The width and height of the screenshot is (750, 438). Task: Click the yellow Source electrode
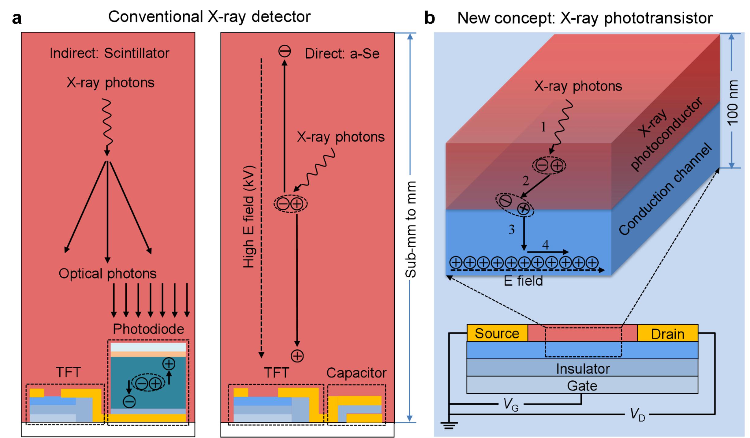497,333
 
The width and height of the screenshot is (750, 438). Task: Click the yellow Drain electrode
667,334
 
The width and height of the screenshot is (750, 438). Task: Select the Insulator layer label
583,369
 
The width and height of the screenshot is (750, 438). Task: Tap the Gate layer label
582,386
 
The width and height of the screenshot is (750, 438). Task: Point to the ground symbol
449,425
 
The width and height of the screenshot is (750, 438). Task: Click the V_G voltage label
511,405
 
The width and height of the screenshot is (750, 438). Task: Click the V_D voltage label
637,415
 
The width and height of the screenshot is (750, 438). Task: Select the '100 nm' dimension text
733,103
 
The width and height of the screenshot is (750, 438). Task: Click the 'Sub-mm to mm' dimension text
411,230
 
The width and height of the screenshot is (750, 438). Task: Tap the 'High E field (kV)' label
248,217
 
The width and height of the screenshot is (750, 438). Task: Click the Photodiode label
148,329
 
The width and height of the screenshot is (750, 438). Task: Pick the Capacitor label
356,373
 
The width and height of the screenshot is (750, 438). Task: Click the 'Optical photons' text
107,273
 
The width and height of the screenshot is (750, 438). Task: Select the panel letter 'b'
430,18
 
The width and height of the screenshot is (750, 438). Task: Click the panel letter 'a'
17,18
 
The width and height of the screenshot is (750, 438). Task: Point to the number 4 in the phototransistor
545,245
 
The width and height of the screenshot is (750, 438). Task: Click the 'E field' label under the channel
523,281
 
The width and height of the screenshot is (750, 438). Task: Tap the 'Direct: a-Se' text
342,54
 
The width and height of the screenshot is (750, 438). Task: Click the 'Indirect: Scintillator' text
109,53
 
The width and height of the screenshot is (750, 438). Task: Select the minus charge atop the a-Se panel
284,51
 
